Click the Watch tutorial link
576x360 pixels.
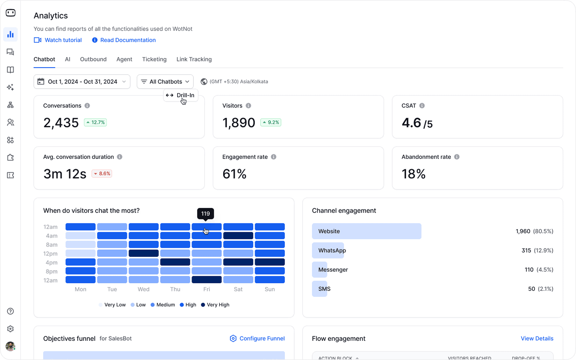point(58,40)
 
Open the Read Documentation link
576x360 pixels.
point(124,40)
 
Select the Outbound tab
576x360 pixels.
point(93,59)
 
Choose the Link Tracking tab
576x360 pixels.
point(194,59)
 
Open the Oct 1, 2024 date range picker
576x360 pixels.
point(82,82)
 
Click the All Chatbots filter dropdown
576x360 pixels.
point(165,82)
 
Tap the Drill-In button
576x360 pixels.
point(180,95)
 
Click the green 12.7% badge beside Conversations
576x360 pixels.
point(95,122)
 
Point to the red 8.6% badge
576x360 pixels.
point(102,174)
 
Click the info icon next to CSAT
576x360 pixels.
point(422,106)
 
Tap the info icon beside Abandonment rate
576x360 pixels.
point(457,157)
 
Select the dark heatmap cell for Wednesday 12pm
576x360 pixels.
point(144,253)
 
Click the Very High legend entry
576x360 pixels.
point(215,305)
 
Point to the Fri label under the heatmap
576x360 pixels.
point(207,289)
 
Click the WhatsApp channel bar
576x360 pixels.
point(328,250)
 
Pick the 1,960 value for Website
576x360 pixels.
point(523,231)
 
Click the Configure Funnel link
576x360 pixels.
point(257,338)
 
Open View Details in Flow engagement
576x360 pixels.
point(537,338)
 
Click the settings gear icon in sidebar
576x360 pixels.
point(11,329)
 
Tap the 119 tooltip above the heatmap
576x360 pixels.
point(205,214)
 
